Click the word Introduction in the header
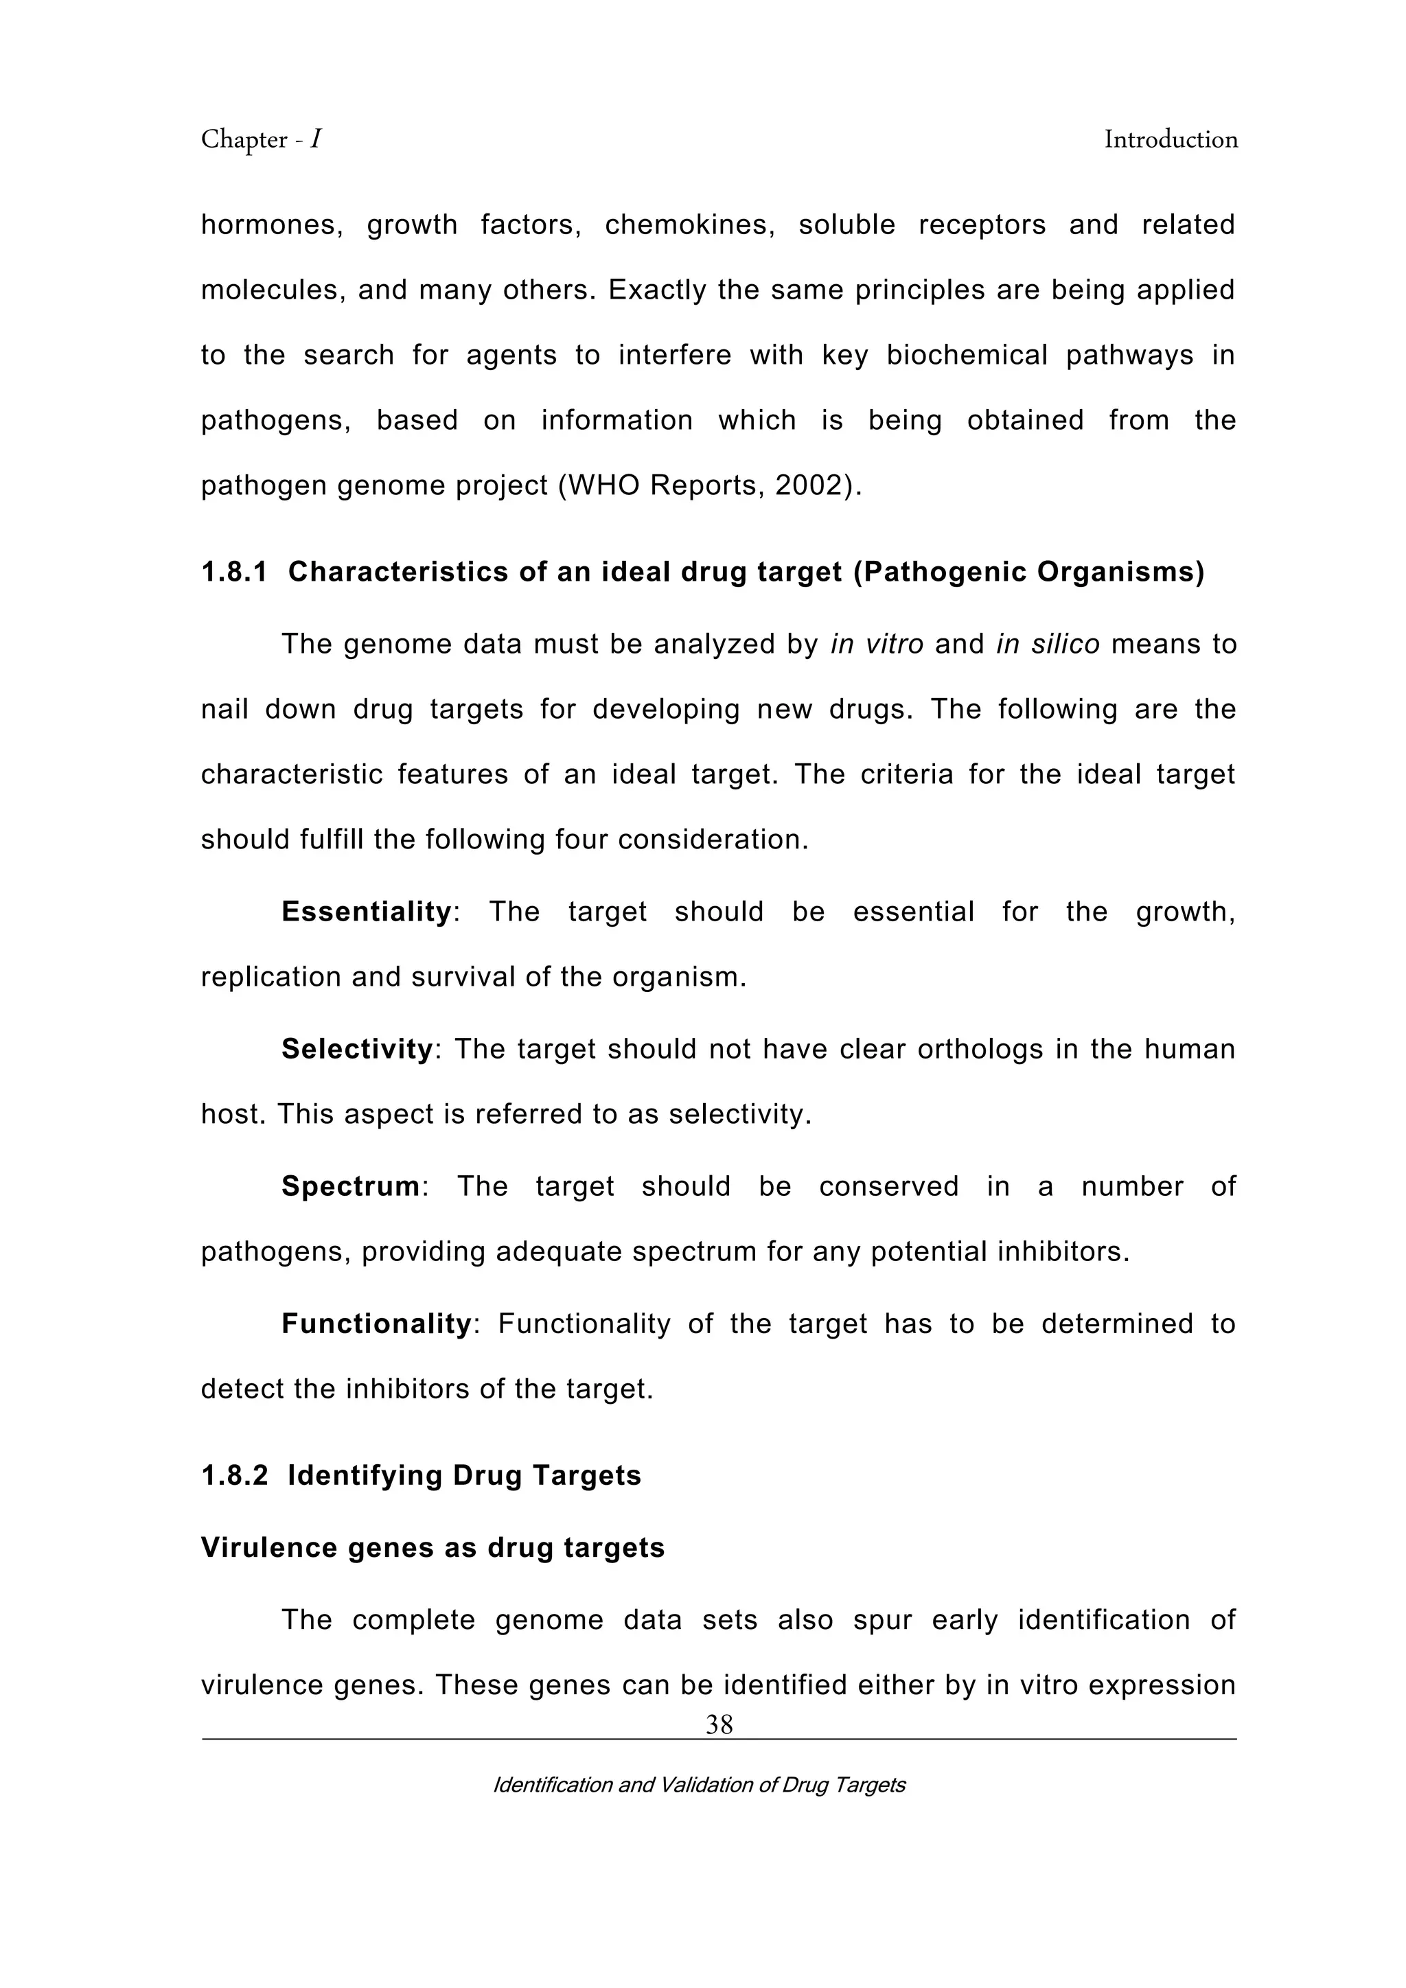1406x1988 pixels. click(1171, 139)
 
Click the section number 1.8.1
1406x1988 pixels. click(233, 573)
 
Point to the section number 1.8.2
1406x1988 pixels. click(233, 1475)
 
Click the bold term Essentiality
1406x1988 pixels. click(366, 912)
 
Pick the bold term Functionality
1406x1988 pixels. click(376, 1324)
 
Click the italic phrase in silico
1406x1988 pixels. click(1048, 644)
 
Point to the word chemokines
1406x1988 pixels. click(689, 225)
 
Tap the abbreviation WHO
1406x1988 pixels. click(603, 486)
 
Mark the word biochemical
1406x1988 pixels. click(967, 355)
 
